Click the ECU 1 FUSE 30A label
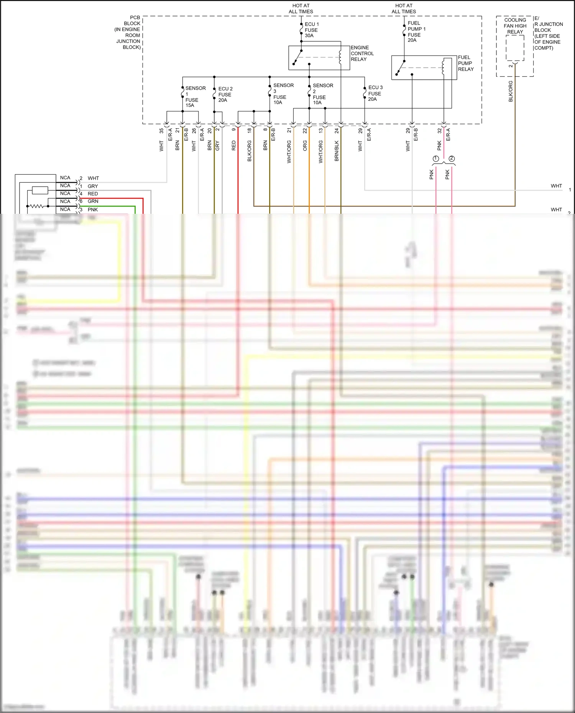pos(311,30)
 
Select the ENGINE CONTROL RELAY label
pos(361,54)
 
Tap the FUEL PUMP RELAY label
pos(465,63)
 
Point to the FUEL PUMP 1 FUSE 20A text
pos(416,32)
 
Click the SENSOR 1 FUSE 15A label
pos(195,97)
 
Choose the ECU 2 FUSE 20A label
pos(225,94)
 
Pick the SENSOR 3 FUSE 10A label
pos(283,94)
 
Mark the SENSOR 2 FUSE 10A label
pos(322,94)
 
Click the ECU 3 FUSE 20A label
pos(375,93)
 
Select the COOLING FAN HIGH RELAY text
pos(515,26)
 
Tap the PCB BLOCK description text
pos(128,33)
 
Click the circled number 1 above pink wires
pos(436,159)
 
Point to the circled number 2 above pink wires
pos(452,159)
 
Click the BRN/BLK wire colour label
pos(337,151)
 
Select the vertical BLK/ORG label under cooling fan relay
pos(511,91)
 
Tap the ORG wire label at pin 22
pos(305,146)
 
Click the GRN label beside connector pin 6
pos(93,201)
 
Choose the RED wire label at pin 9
pos(233,146)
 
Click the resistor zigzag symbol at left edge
pos(37,206)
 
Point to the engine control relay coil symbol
pos(340,57)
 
